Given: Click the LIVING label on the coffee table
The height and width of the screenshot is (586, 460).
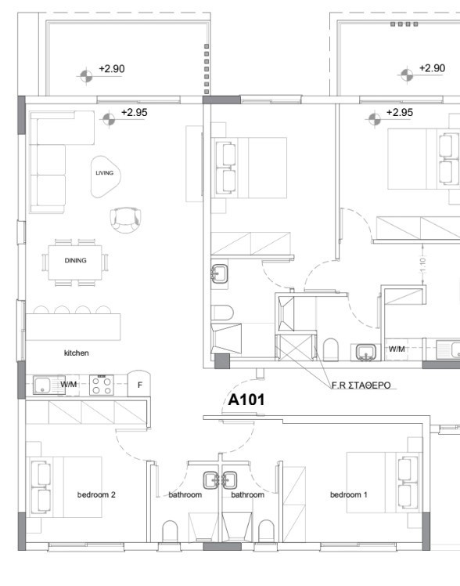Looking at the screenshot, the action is click(x=105, y=173).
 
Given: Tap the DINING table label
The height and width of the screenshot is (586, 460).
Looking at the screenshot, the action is click(x=75, y=260).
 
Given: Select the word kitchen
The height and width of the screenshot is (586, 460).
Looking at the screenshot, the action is click(x=77, y=353).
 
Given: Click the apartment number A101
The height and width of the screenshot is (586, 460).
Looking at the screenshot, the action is click(x=246, y=400).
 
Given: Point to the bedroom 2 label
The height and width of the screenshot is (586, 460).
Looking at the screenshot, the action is click(x=96, y=495).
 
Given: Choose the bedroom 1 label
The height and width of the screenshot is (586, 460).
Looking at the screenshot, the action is click(x=348, y=495).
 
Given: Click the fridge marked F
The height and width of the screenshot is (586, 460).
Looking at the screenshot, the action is click(x=139, y=383).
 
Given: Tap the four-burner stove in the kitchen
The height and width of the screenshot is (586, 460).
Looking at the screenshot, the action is click(x=102, y=385).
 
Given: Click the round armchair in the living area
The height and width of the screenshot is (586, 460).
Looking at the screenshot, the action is click(x=126, y=219).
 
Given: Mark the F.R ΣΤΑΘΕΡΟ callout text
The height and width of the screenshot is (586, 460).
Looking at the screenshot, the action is click(x=361, y=385).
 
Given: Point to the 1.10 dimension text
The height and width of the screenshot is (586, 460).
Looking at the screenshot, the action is click(x=422, y=265).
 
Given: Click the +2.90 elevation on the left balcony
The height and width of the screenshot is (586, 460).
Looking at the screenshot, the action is click(x=112, y=69).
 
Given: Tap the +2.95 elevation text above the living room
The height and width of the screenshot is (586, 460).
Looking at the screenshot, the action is click(x=135, y=113).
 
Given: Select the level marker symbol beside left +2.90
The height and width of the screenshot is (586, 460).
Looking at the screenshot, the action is click(x=86, y=76).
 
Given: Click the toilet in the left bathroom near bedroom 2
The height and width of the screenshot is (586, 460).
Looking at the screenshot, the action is click(x=170, y=531).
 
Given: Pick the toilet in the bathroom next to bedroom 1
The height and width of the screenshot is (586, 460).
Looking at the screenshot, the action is click(x=266, y=531).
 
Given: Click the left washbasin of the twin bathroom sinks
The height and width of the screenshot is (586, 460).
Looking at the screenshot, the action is click(x=211, y=480).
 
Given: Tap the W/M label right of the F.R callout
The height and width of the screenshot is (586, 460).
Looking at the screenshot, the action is click(x=397, y=349).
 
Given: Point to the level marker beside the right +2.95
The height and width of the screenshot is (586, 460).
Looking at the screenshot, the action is click(x=374, y=120).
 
